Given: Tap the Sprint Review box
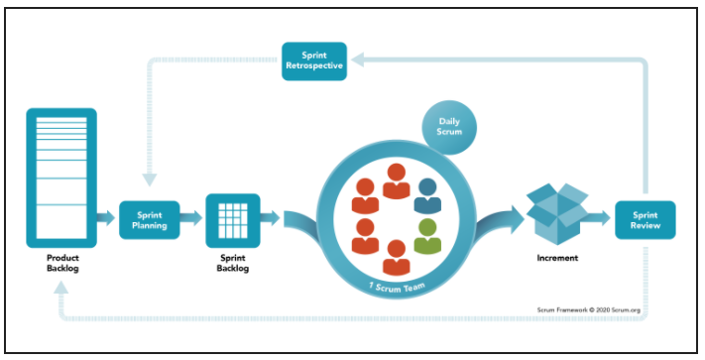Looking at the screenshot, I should tap(645, 219).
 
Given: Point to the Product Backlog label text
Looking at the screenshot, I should tap(60, 263).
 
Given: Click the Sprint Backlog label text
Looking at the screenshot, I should tap(231, 263).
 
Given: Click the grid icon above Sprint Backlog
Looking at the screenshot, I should tap(231, 219).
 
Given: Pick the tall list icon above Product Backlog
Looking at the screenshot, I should tap(60, 177).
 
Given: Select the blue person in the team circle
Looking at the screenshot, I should tap(427, 194).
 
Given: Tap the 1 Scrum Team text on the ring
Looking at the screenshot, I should tap(396, 287).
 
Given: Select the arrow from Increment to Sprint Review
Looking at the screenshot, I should tap(600, 219).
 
